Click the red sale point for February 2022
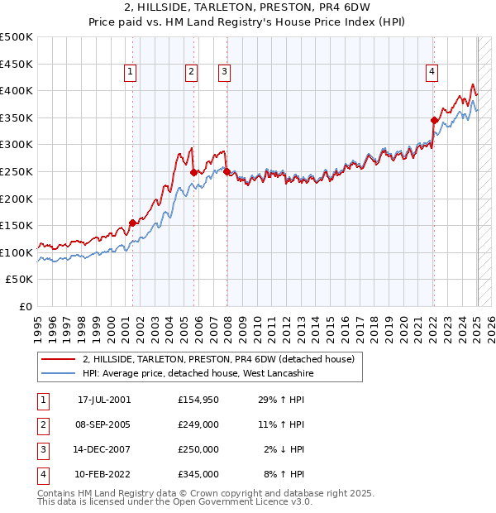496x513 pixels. tap(434, 120)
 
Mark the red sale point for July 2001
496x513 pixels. tap(132, 223)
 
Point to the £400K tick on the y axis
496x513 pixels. tap(17, 90)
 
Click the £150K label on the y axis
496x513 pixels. tap(17, 225)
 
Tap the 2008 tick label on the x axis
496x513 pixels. tap(228, 327)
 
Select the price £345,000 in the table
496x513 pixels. tap(198, 474)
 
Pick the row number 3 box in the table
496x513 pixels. tap(42, 449)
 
